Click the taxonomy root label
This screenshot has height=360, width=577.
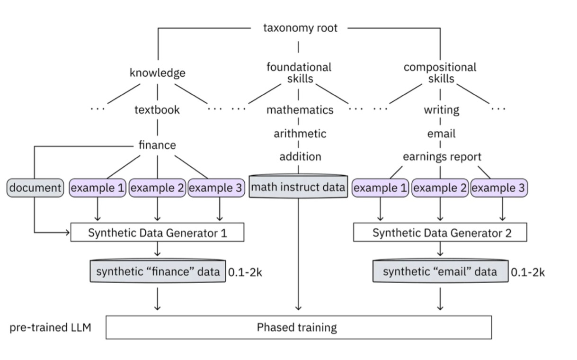[300, 28]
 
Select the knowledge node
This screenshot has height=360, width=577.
[157, 73]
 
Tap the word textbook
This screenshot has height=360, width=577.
[157, 110]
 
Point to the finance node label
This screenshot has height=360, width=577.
[157, 145]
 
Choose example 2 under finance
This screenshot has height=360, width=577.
[157, 188]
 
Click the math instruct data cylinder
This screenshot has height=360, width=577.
[298, 187]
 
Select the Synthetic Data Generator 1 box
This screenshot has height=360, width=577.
[157, 233]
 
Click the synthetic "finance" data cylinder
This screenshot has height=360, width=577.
[157, 272]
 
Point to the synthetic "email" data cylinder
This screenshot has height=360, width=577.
[440, 272]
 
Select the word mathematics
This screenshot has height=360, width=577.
[300, 110]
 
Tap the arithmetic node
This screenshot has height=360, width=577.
[300, 134]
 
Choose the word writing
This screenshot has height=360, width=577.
[441, 110]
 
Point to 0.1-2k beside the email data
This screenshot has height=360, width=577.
[528, 272]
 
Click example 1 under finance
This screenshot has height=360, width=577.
[98, 188]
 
